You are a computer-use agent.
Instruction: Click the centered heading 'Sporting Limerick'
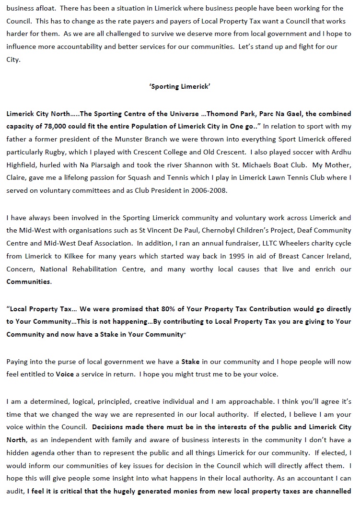pyautogui.click(x=180, y=87)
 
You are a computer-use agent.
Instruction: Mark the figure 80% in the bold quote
pyautogui.click(x=177, y=309)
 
